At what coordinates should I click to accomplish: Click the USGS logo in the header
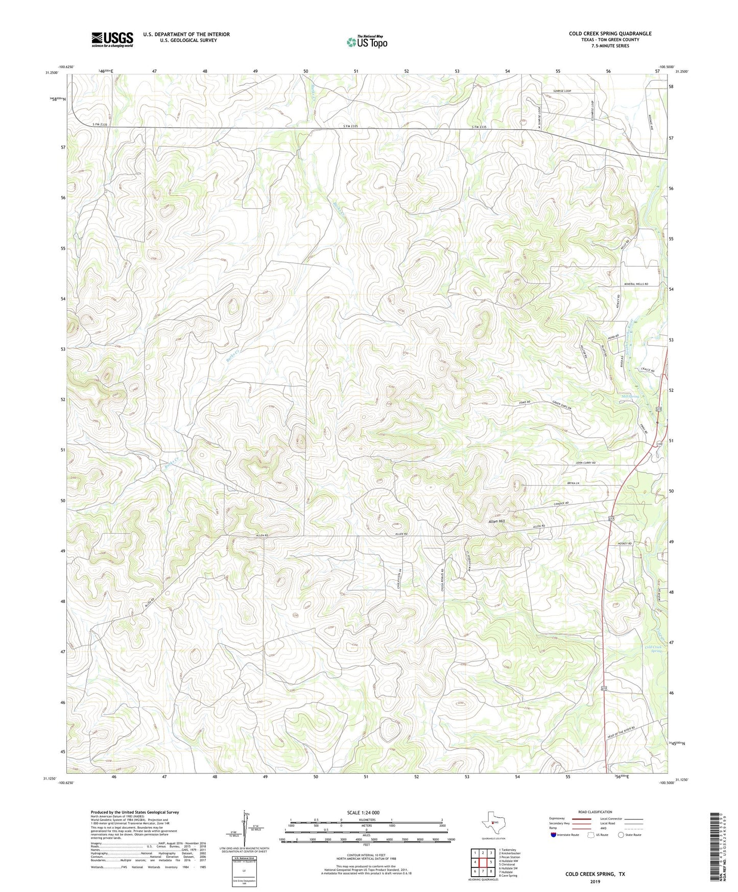[x=112, y=39]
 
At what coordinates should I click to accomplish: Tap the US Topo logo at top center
[x=367, y=42]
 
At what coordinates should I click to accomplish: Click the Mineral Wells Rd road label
[x=635, y=284]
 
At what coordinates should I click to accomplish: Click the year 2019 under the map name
[x=595, y=881]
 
